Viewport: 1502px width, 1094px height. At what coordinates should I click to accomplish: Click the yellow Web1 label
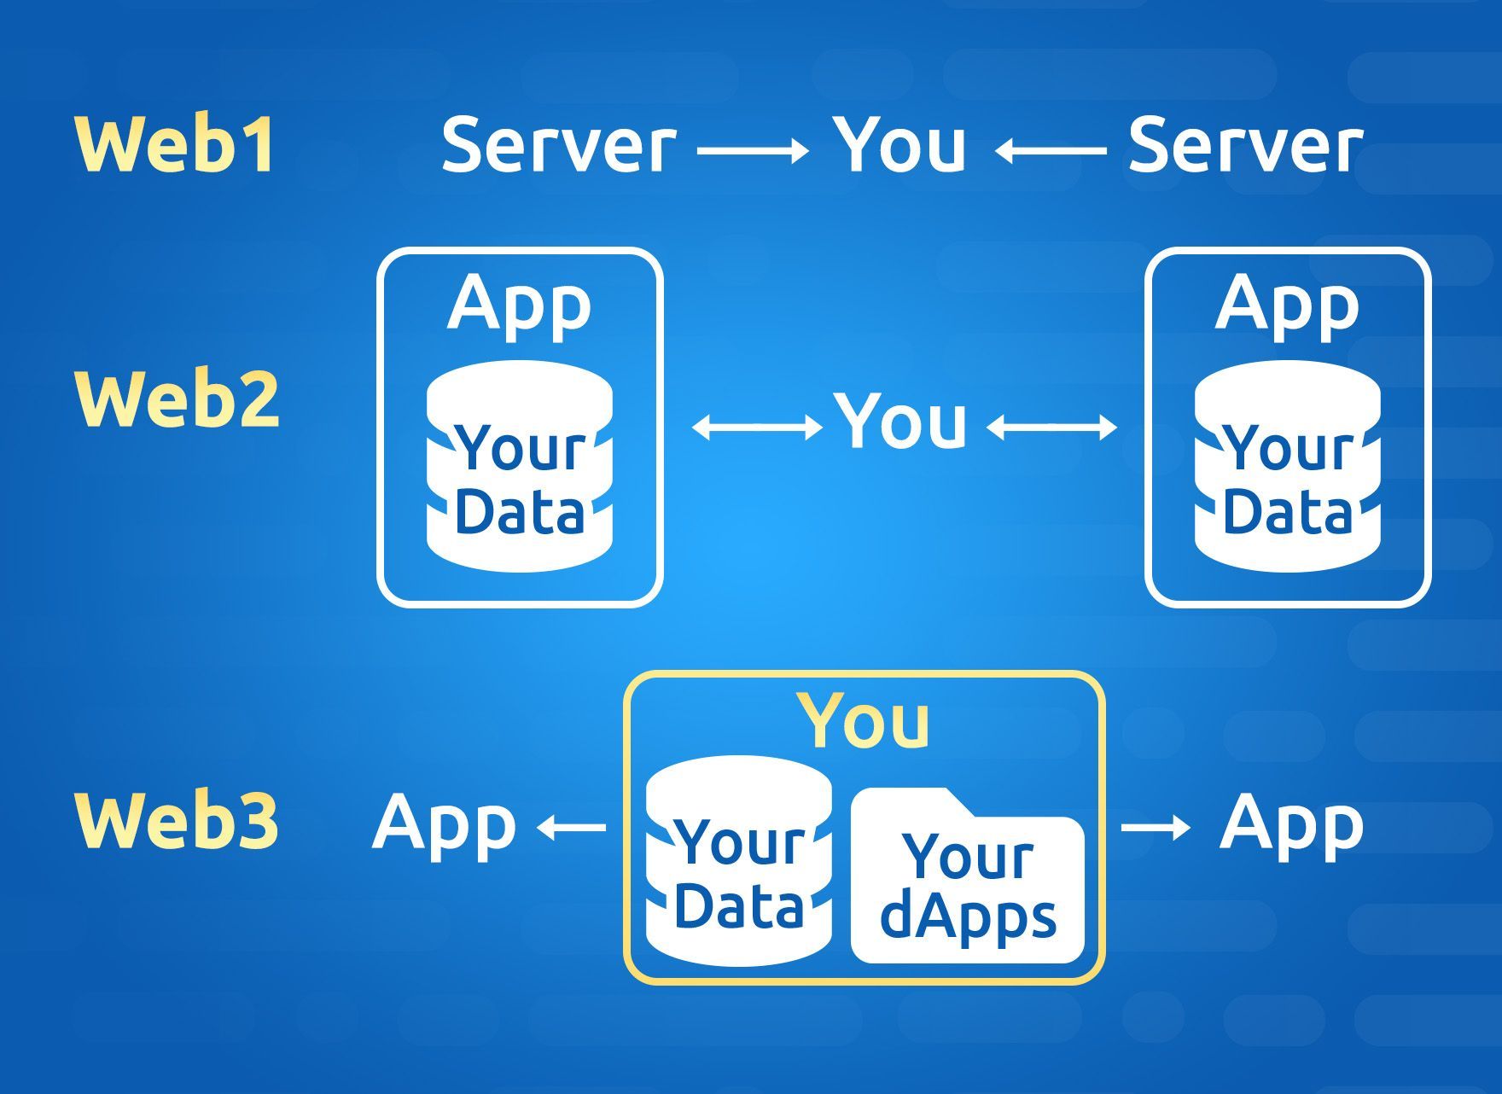click(x=176, y=144)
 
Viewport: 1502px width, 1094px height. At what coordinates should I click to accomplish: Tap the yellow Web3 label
click(x=177, y=820)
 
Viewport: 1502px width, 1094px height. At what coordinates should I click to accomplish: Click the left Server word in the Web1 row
click(x=559, y=144)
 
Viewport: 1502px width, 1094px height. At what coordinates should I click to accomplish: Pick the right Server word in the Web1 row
click(x=1246, y=144)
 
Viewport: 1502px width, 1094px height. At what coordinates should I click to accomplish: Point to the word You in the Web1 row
click(x=899, y=143)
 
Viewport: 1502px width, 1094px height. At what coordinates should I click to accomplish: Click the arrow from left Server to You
click(x=753, y=151)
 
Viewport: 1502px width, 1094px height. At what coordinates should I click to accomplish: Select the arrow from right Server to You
click(x=1051, y=151)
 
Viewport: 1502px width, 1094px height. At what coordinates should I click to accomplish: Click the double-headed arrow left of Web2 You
click(x=756, y=427)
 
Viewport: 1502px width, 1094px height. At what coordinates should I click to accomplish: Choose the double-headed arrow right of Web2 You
click(x=1051, y=427)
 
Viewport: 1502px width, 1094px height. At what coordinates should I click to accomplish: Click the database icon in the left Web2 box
click(x=520, y=465)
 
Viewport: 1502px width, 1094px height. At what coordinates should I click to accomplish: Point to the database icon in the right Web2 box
click(x=1288, y=465)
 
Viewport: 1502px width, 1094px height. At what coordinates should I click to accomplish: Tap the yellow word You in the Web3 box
click(x=865, y=720)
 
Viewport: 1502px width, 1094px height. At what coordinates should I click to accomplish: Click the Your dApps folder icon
click(x=968, y=876)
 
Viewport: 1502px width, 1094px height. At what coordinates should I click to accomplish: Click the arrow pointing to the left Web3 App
click(x=571, y=827)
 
